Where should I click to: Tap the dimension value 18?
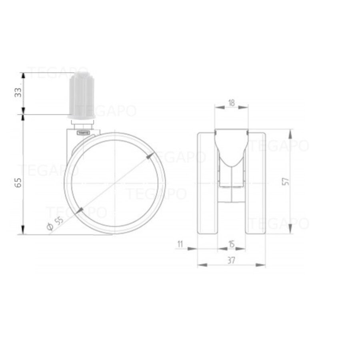click(231, 102)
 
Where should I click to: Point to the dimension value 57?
click(286, 181)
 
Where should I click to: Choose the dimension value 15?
click(231, 243)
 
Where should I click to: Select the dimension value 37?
click(231, 260)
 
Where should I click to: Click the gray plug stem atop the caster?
click(82, 96)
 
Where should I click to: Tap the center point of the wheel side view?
click(115, 183)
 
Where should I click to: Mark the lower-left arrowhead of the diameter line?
click(80, 210)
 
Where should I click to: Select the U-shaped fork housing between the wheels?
click(231, 160)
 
